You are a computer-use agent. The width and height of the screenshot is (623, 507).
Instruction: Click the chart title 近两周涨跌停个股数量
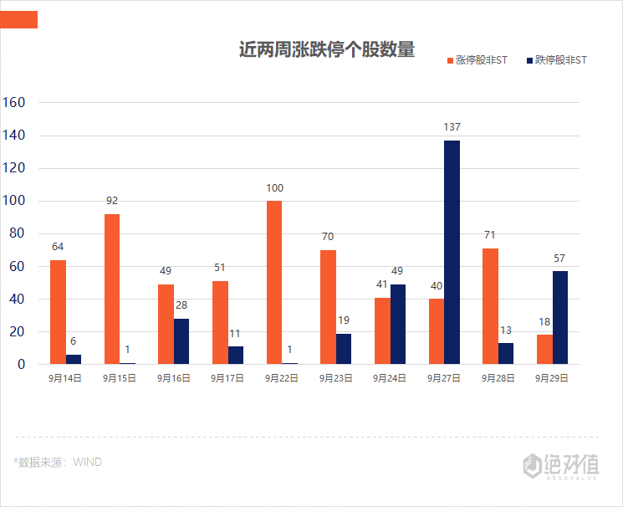click(x=327, y=49)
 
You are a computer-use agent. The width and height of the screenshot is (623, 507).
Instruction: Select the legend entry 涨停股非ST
click(x=477, y=60)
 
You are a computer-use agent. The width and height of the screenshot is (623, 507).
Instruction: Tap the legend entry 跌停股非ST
click(x=556, y=60)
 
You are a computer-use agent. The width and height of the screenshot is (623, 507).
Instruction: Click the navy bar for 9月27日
click(x=452, y=252)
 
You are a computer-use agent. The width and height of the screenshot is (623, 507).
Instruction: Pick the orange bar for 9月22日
click(x=274, y=282)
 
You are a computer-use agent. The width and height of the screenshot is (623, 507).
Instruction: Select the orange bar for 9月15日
click(x=112, y=289)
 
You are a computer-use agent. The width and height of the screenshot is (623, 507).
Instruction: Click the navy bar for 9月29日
click(x=560, y=317)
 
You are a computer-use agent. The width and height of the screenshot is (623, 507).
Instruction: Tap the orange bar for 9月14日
click(x=58, y=312)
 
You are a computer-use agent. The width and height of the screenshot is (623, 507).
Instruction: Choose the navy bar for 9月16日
click(x=181, y=341)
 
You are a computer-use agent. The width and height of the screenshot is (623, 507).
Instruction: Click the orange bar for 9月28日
click(x=490, y=306)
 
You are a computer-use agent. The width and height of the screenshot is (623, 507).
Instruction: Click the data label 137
click(x=452, y=127)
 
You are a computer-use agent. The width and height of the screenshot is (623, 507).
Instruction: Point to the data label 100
click(x=274, y=188)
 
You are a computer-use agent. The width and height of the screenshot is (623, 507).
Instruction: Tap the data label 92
click(x=112, y=201)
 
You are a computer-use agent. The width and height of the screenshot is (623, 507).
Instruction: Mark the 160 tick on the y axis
click(x=15, y=103)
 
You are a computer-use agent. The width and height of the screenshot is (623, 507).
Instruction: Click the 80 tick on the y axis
click(x=18, y=233)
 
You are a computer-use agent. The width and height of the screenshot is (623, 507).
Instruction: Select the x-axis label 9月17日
click(x=227, y=378)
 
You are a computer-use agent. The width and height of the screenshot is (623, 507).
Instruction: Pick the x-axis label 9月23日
click(x=335, y=378)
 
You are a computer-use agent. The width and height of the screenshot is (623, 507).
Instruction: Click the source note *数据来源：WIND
click(x=58, y=461)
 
